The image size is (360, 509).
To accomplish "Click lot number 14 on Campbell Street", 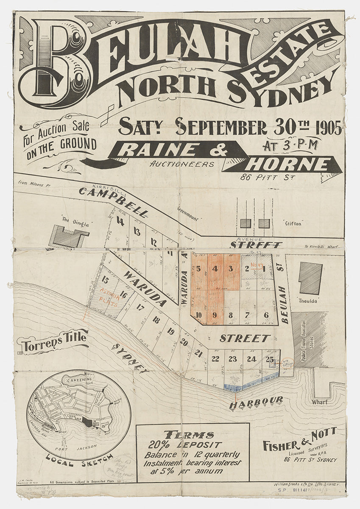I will pyautogui.click(x=120, y=221).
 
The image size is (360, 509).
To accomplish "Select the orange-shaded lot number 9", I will pyautogui.click(x=215, y=315).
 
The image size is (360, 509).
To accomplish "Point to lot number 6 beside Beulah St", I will pyautogui.click(x=266, y=315).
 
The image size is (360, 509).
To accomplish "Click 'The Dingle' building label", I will pyautogui.click(x=70, y=220).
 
